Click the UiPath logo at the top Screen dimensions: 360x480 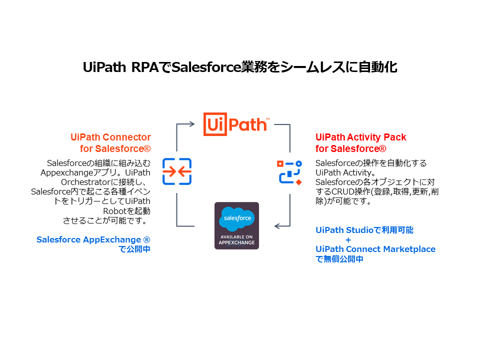pos(236,124)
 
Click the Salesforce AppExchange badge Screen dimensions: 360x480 pos(236,225)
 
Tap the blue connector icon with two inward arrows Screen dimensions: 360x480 pos(177,171)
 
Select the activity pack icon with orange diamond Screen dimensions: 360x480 pos(290,172)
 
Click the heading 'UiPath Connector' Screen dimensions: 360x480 pos(110,137)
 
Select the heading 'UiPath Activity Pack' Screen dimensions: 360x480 pos(360,137)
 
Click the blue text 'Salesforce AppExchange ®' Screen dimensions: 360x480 pos(93,239)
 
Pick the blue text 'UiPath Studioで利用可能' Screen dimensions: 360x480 pos(364,230)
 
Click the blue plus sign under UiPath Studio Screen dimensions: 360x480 pos(348,239)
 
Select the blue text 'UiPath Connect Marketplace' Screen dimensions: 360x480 pos(375,249)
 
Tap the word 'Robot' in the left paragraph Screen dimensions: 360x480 pos(114,210)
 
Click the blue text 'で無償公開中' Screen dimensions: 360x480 pos(339,259)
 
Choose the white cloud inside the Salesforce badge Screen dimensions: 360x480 pos(236,218)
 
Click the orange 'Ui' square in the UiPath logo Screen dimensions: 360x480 pos(214,124)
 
